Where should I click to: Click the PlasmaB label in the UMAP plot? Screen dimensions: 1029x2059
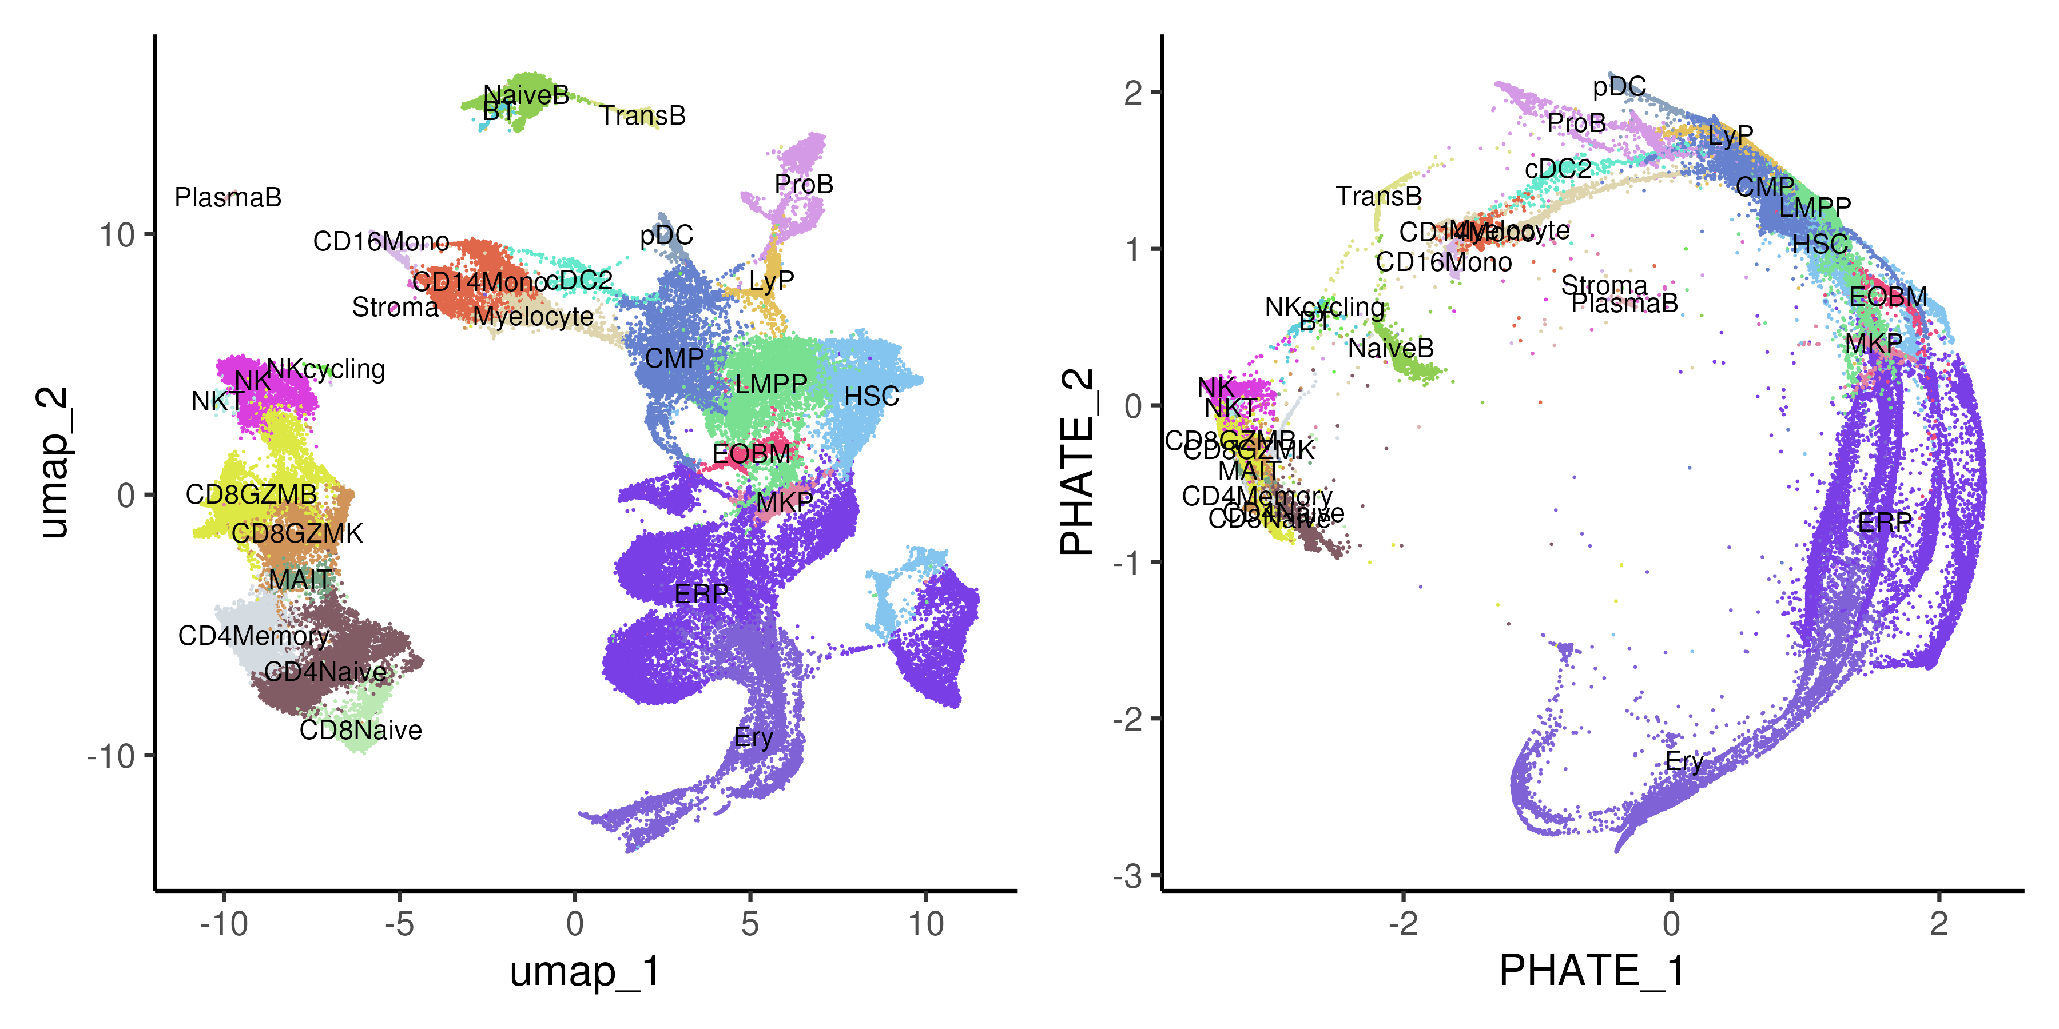click(x=228, y=197)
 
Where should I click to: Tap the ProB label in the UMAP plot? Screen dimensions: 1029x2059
click(x=804, y=185)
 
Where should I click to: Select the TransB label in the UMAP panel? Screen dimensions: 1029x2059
click(x=643, y=116)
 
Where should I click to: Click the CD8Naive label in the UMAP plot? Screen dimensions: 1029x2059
click(x=360, y=730)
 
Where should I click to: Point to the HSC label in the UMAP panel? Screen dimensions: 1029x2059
click(x=871, y=396)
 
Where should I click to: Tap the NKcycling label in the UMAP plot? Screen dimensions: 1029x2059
click(x=326, y=369)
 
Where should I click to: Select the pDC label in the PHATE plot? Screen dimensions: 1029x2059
click(x=1619, y=86)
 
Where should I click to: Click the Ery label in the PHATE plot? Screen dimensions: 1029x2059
click(x=1684, y=761)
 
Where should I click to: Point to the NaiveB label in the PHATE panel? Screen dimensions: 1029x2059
click(x=1391, y=348)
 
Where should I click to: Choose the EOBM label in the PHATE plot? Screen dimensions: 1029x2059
click(x=1888, y=297)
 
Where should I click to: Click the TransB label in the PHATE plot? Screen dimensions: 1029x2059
click(x=1379, y=197)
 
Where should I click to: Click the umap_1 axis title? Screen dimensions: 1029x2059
click(x=585, y=971)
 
